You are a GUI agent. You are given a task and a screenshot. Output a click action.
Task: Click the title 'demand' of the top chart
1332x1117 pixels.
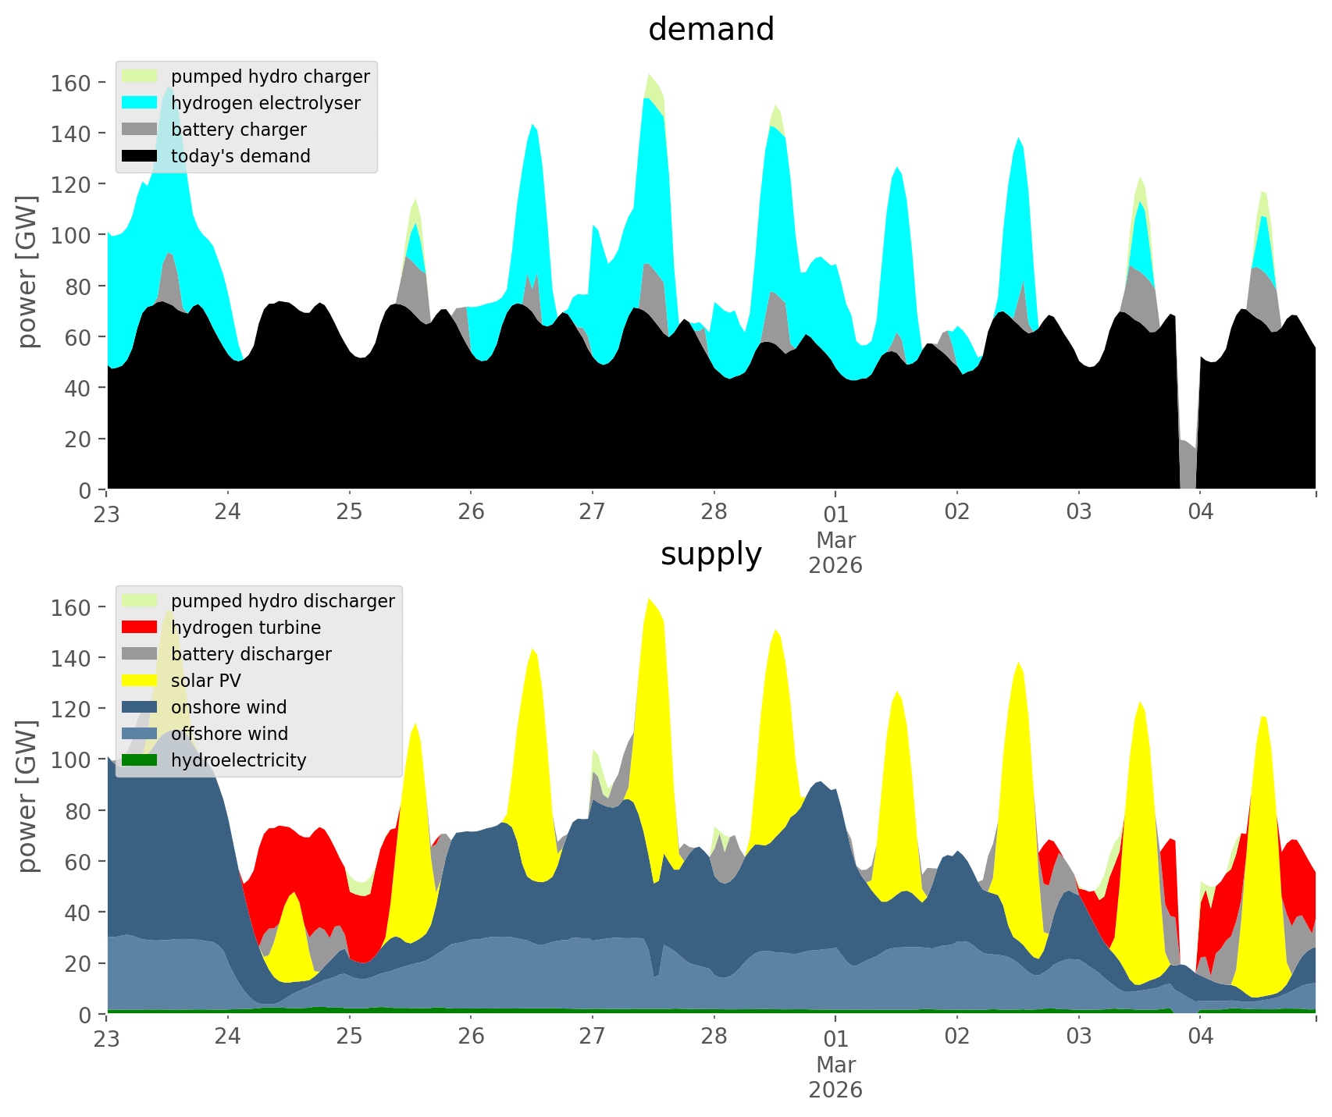[711, 30]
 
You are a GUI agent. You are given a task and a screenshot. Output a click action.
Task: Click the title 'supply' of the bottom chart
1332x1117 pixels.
[711, 554]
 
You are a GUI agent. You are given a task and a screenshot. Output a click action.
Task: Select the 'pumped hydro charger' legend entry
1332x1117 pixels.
[270, 76]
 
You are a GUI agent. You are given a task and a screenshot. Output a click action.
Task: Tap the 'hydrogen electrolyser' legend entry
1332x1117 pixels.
[265, 103]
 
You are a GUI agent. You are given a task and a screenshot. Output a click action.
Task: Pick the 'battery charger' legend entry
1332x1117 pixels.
[238, 130]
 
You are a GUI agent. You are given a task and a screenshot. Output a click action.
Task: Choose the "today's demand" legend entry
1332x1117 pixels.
[240, 156]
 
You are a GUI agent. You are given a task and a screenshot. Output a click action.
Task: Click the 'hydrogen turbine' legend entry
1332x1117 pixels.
[246, 628]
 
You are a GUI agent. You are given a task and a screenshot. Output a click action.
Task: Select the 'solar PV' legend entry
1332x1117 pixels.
[206, 681]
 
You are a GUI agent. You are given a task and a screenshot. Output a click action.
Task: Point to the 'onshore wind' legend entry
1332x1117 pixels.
[229, 707]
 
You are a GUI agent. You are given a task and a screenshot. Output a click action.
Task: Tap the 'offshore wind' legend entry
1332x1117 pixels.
[230, 734]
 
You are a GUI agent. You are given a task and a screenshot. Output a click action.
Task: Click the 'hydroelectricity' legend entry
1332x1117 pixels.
[238, 760]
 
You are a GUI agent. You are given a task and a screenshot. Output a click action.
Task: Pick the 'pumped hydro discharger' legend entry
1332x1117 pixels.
[283, 601]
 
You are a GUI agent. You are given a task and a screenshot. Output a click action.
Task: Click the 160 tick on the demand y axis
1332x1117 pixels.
[70, 83]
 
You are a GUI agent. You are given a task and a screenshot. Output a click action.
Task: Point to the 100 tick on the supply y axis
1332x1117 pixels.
[70, 759]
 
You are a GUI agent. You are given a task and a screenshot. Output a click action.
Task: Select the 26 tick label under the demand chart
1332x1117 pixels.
[471, 512]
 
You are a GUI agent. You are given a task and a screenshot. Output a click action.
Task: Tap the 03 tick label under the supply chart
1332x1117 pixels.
[1078, 1037]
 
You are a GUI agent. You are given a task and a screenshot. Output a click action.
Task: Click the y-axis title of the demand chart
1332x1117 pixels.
[27, 272]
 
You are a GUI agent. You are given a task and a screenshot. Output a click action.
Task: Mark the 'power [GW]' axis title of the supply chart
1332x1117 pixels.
[27, 796]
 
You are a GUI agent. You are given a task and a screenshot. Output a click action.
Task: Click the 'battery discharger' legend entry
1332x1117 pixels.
[251, 654]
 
